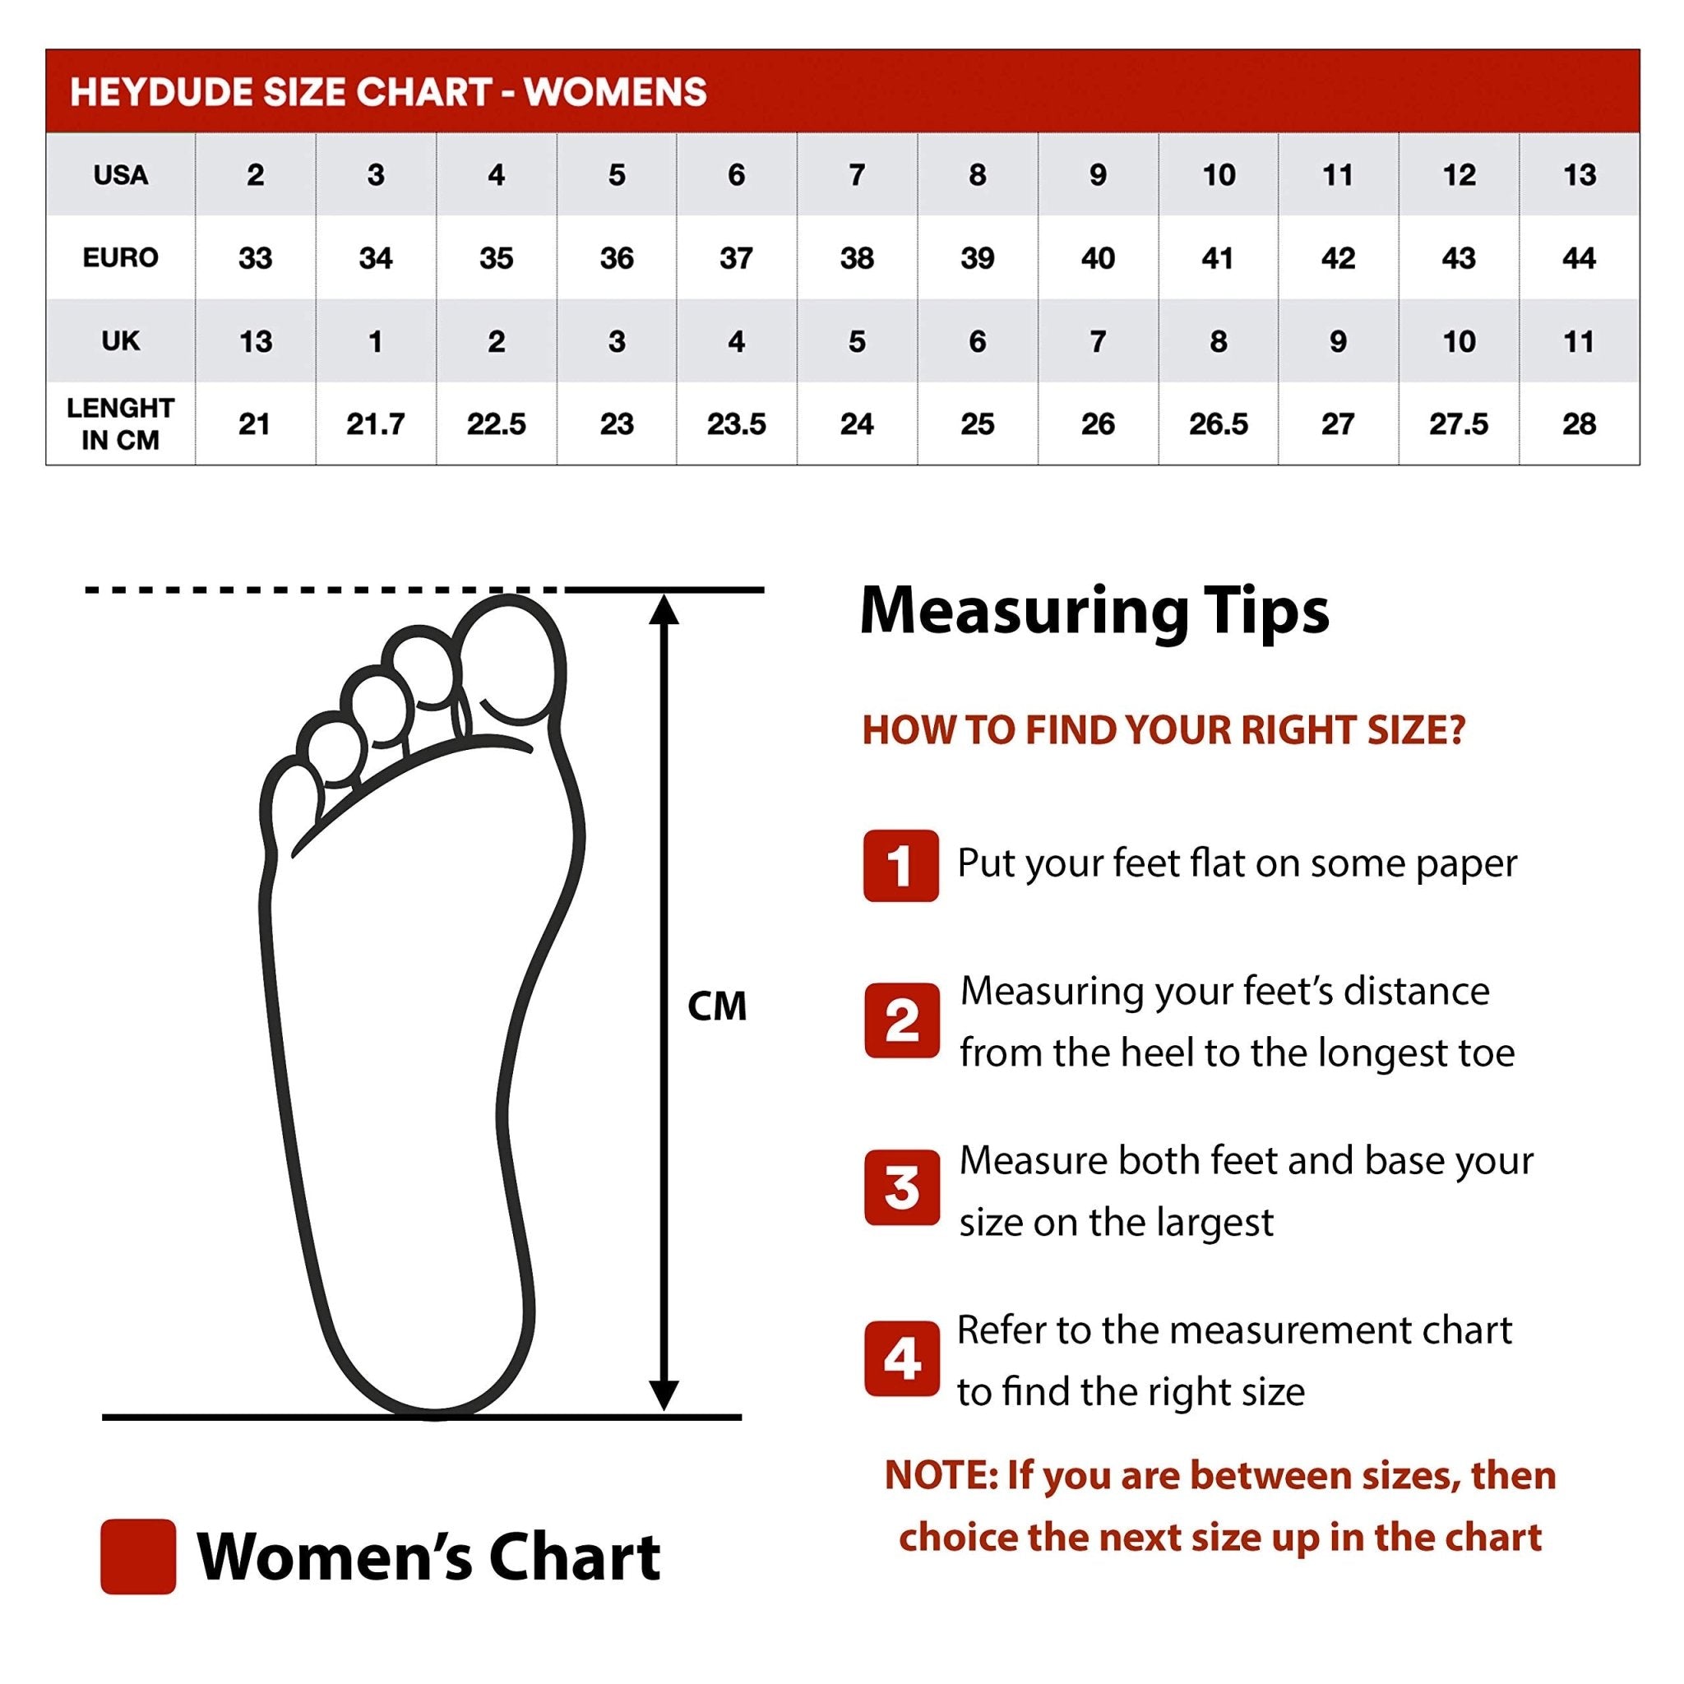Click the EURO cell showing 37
click(737, 258)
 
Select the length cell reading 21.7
click(375, 424)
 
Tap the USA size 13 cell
click(1579, 175)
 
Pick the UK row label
click(120, 340)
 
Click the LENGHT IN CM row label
click(120, 423)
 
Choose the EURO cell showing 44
click(1579, 258)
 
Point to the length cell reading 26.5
click(1218, 424)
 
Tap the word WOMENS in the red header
click(615, 92)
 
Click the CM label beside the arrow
click(716, 1006)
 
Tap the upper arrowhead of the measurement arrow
click(664, 611)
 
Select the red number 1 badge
click(900, 866)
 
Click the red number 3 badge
click(901, 1187)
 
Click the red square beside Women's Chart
click(137, 1556)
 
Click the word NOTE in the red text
click(940, 1476)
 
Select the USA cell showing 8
click(977, 175)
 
